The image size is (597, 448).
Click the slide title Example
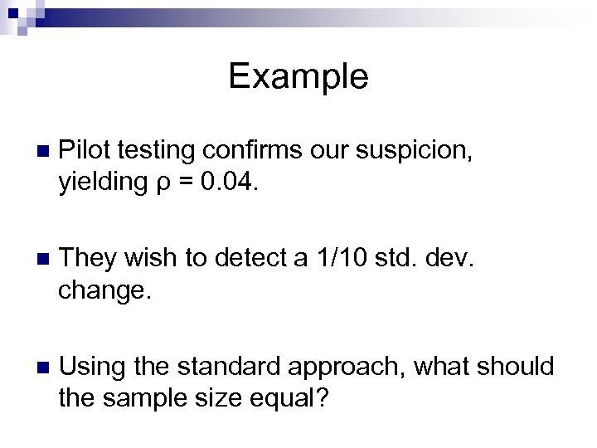298,76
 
